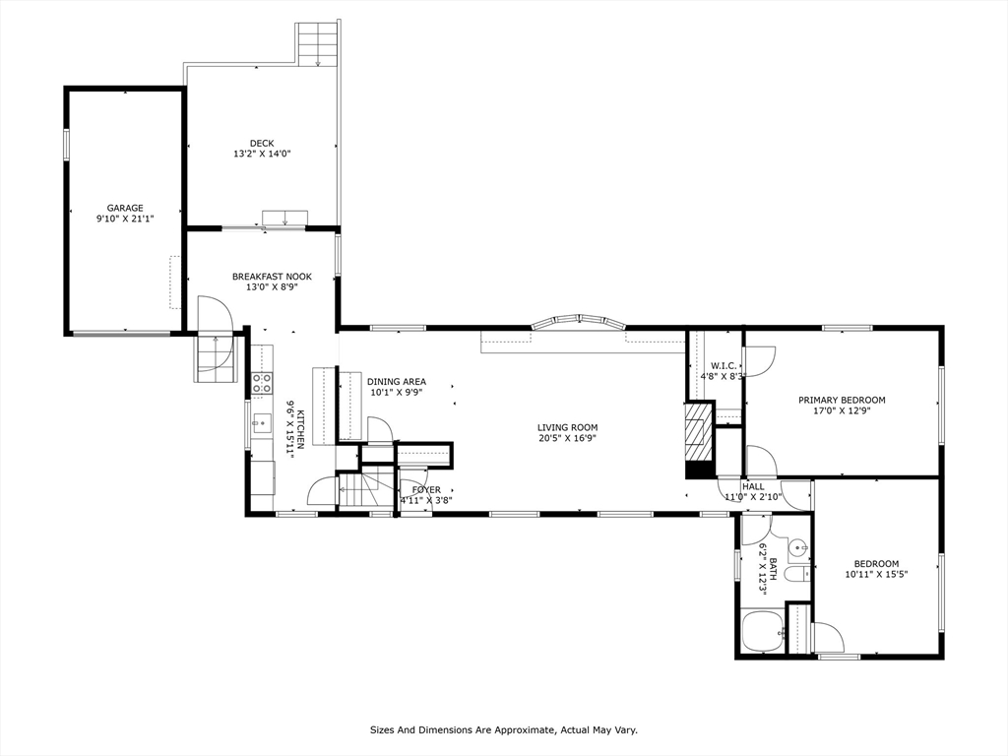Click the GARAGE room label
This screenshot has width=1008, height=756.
125,209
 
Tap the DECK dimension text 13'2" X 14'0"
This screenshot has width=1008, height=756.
262,155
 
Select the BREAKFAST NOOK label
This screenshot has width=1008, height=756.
272,277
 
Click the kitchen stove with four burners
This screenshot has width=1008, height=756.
262,383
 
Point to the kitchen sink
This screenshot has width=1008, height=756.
262,423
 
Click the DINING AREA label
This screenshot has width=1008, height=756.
397,382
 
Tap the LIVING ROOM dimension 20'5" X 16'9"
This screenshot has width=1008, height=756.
568,438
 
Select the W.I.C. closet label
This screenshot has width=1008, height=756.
724,366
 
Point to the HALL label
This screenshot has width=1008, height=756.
753,486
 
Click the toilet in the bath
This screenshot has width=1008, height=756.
797,575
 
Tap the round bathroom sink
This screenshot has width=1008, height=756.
797,547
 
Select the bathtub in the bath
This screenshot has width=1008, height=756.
763,632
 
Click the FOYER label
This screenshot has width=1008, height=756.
427,490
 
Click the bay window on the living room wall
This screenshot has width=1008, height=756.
579,322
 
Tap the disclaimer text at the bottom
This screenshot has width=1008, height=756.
504,729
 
